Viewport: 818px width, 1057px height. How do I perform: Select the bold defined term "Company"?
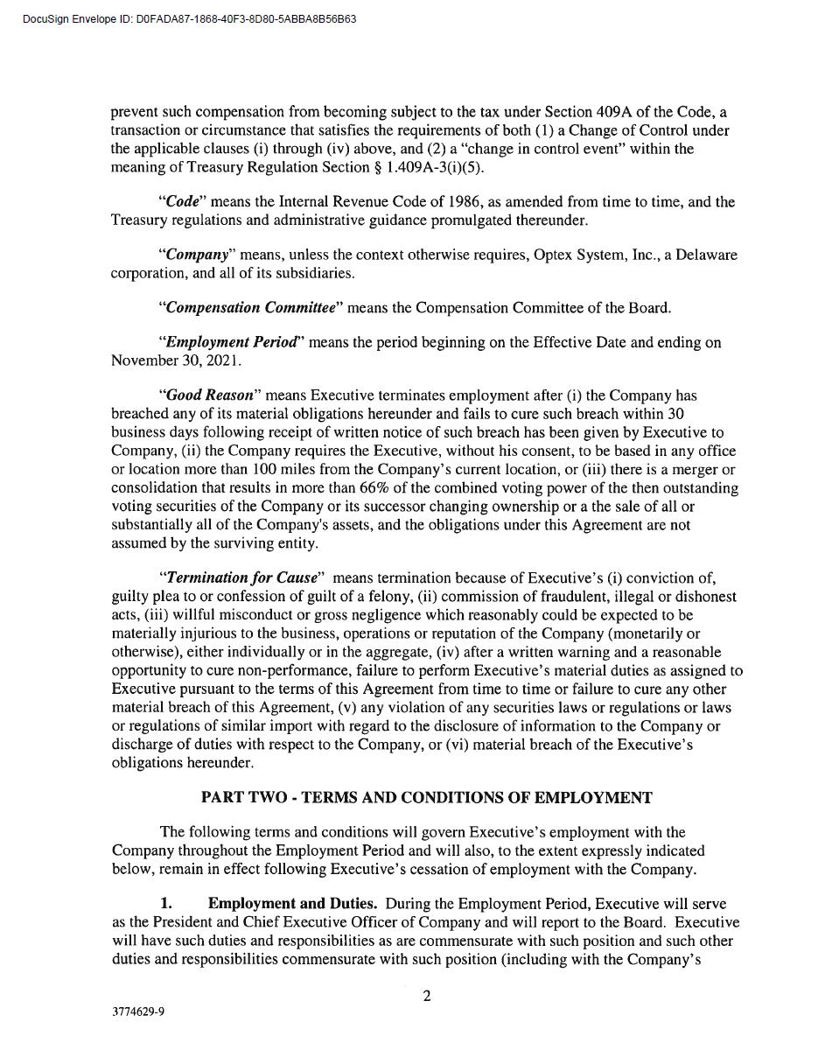[198, 255]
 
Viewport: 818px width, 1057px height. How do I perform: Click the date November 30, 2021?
[176, 360]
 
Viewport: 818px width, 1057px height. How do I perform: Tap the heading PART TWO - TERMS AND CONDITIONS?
[426, 798]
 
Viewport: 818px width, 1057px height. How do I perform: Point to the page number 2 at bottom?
[427, 996]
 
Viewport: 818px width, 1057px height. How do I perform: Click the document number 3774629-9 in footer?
[138, 1012]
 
